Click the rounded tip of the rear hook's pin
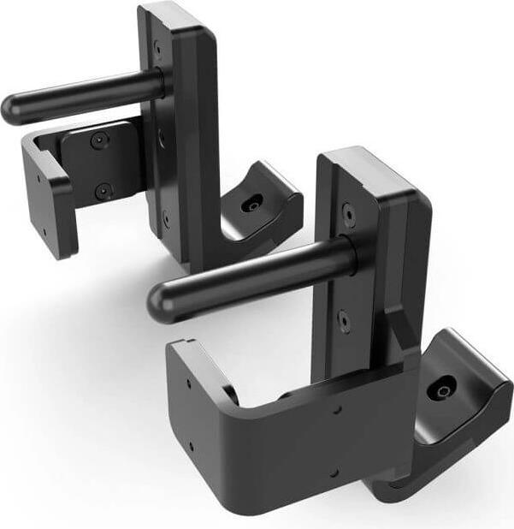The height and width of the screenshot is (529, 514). tap(12, 110)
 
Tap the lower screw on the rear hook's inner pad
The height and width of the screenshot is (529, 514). tap(103, 191)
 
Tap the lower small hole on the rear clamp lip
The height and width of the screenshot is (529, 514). tap(43, 230)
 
